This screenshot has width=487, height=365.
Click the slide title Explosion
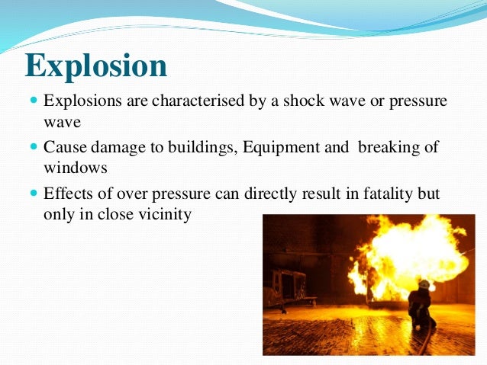pyautogui.click(x=96, y=66)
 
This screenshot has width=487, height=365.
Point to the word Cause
pyautogui.click(x=63, y=147)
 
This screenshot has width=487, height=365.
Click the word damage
pyautogui.click(x=114, y=147)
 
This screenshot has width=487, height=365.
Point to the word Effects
pyautogui.click(x=67, y=194)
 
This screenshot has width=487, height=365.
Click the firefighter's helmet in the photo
pyautogui.click(x=424, y=284)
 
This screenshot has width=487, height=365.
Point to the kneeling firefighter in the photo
pyautogui.click(x=421, y=305)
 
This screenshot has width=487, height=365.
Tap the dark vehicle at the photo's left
pyautogui.click(x=288, y=288)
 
